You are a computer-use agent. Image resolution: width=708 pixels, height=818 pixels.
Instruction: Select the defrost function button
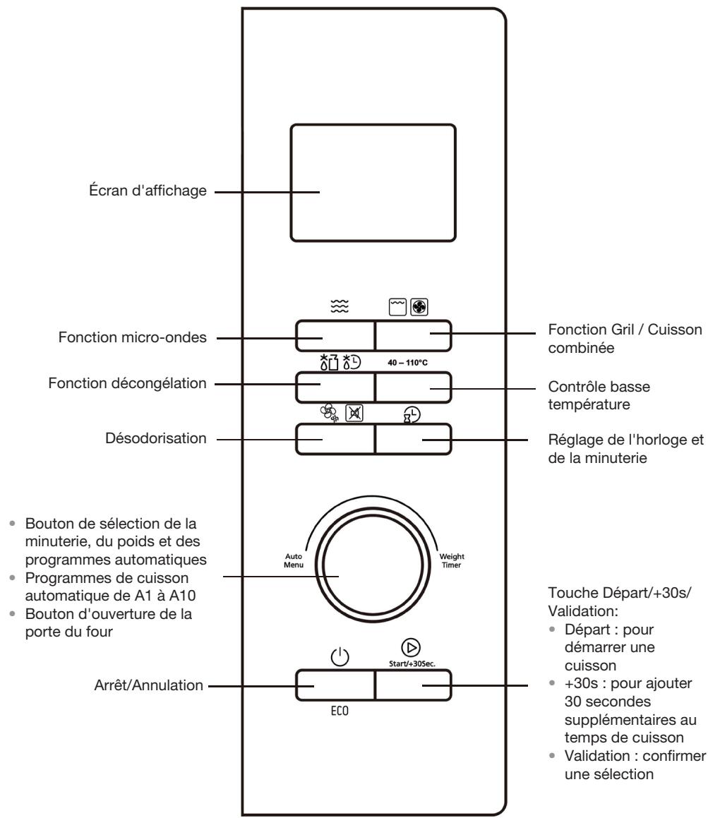click(334, 386)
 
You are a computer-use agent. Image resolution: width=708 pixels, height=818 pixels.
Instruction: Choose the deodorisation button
click(334, 439)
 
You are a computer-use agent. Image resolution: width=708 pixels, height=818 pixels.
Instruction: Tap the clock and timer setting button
click(412, 439)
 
